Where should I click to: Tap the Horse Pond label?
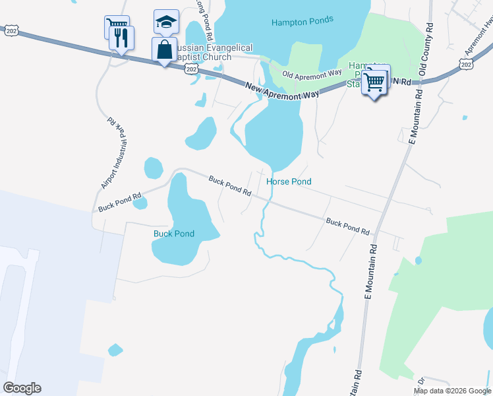(289, 181)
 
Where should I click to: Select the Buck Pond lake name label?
(174, 234)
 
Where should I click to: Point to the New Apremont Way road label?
(282, 90)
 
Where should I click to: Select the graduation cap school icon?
(166, 22)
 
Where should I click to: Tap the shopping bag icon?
(164, 49)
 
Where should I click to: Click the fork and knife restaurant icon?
(122, 38)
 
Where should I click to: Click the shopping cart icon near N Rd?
(374, 82)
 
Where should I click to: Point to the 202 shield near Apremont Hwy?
(466, 63)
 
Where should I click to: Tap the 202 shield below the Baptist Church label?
(191, 69)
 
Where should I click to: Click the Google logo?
(22, 388)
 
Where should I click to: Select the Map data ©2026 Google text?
(452, 391)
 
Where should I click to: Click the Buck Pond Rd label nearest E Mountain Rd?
(347, 226)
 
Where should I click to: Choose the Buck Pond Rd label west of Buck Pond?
(120, 201)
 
